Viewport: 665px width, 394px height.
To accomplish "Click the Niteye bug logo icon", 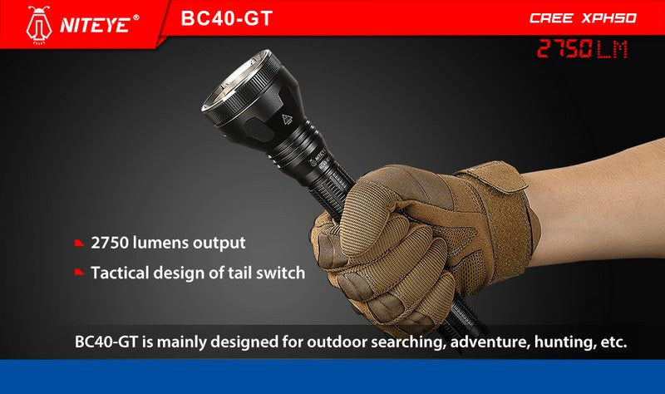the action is pos(38,25).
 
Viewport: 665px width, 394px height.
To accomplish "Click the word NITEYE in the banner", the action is pos(94,25).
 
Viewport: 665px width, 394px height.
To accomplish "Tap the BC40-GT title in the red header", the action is pos(226,18).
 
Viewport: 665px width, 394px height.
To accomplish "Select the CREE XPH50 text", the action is pos(583,17).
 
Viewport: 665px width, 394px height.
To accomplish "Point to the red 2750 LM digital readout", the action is pos(581,48).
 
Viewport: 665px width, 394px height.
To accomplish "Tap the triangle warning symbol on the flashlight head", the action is pos(287,119).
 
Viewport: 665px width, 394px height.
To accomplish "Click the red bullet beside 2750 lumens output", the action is pos(79,243).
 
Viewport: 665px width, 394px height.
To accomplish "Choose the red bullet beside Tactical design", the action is pos(79,272).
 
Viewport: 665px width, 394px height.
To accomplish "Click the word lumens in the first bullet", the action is pos(160,243).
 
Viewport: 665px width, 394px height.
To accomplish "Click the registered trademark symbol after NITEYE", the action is pos(135,17).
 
